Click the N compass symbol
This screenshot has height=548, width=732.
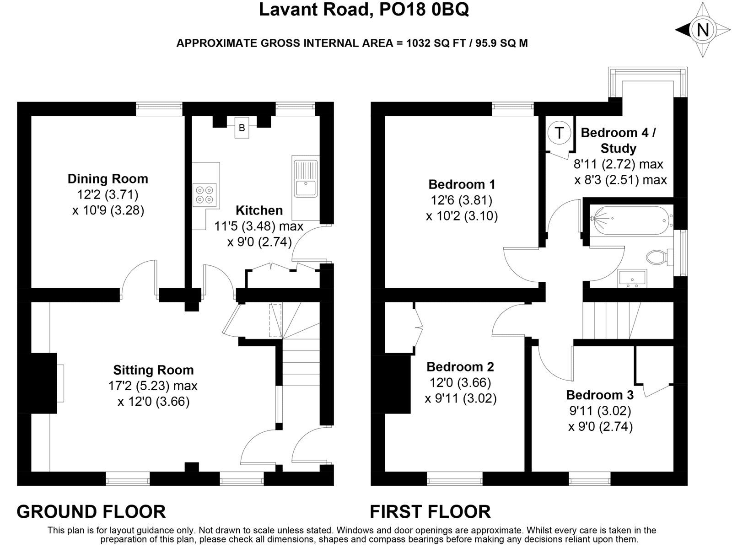point(702,30)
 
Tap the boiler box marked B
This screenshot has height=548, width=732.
point(242,128)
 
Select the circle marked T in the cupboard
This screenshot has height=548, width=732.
point(559,133)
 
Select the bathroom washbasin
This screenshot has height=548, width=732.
point(632,278)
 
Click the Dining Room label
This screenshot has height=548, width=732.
point(108,178)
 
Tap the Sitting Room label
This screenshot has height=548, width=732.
point(153,370)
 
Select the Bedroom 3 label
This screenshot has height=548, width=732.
point(600,395)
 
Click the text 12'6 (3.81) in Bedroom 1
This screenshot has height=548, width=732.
point(461,200)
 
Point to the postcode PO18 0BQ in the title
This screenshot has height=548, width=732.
point(424,10)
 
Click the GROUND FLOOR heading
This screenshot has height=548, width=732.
point(91,511)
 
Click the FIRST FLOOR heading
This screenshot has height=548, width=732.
point(430,511)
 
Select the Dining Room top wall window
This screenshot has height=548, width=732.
point(159,109)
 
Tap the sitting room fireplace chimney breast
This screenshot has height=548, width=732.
point(44,383)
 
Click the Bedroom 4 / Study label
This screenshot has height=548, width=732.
point(618,140)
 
